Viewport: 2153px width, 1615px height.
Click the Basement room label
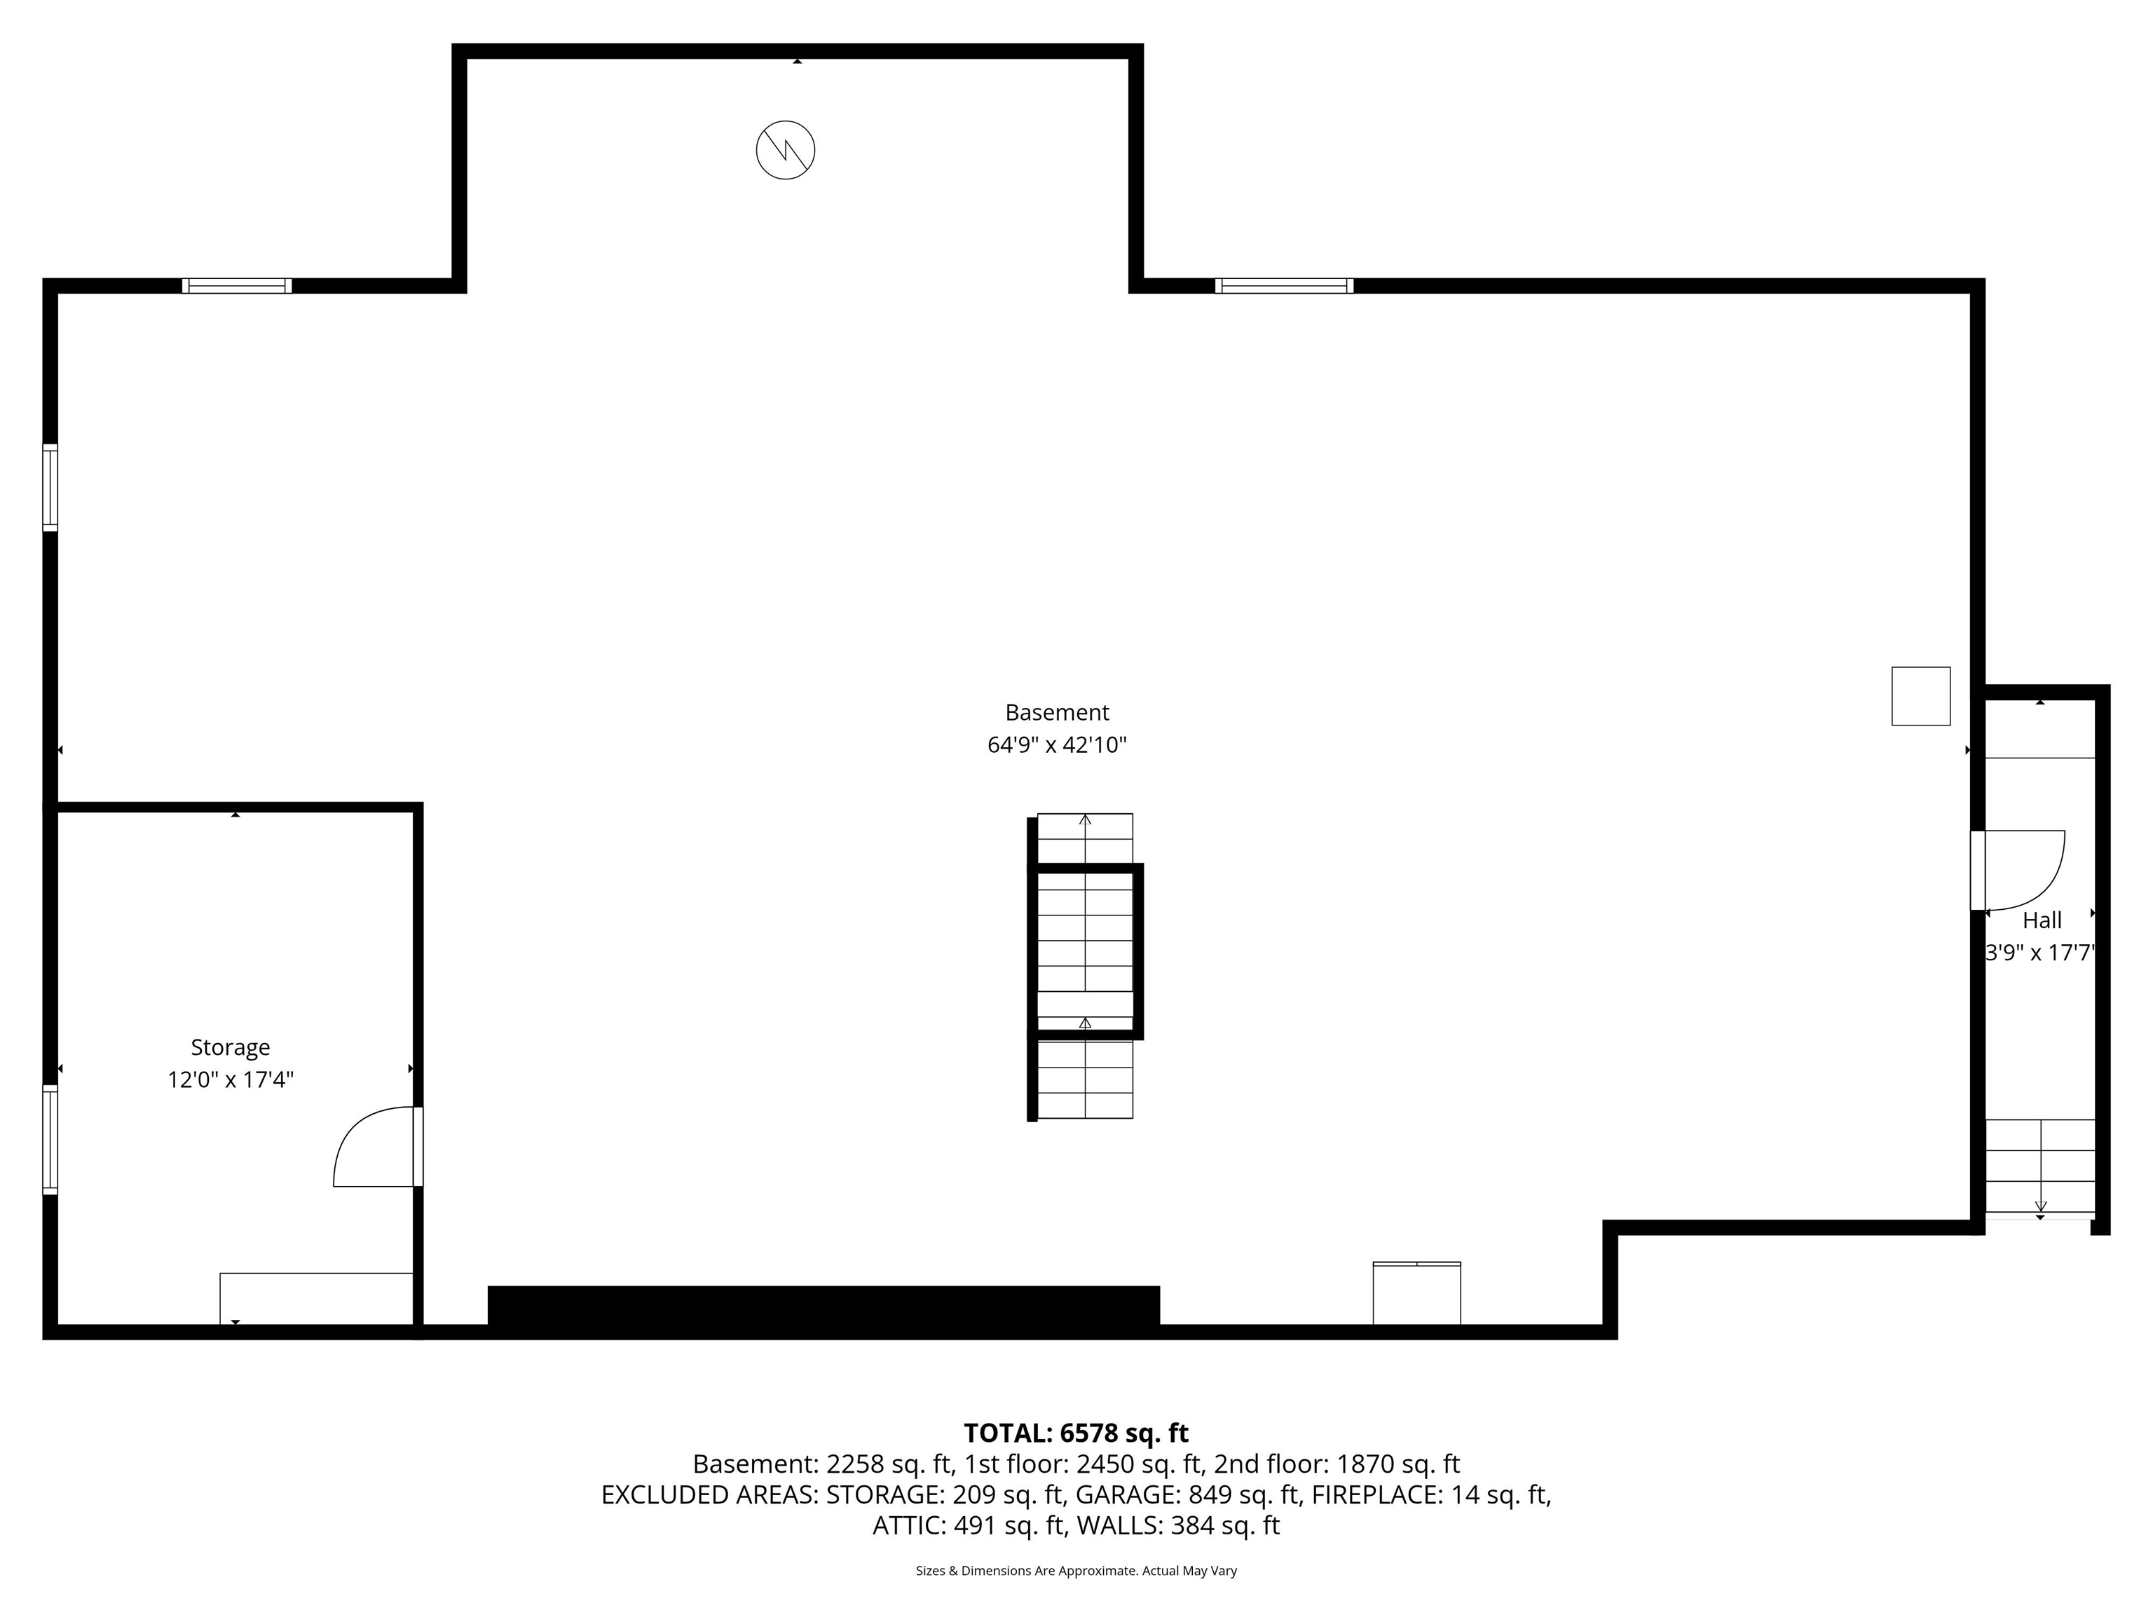pos(1056,713)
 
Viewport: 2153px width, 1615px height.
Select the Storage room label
pos(230,1047)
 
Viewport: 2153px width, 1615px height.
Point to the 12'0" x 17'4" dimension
pos(230,1079)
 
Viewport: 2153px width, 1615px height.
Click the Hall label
pos(2042,920)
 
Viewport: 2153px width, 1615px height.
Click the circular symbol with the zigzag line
pos(786,150)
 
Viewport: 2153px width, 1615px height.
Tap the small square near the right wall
pos(1920,696)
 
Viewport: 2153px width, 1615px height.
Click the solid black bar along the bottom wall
pos(823,1305)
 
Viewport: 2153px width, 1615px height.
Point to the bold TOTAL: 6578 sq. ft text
pos(1076,1433)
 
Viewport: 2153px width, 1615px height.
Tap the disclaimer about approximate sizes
pos(1076,1570)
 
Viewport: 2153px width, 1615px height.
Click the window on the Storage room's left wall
pos(50,1139)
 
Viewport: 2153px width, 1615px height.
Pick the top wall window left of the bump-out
pos(236,286)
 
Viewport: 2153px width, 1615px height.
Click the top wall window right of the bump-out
pos(1284,286)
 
